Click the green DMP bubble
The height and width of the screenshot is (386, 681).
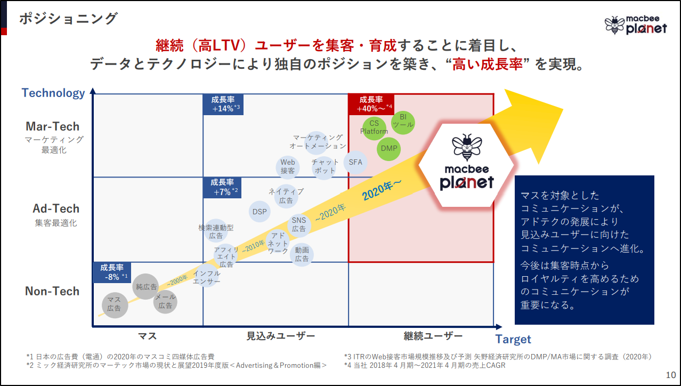[390, 148]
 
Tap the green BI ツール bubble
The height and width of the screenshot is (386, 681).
[403, 121]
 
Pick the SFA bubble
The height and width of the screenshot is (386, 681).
[355, 163]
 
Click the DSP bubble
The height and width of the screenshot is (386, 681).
[260, 212]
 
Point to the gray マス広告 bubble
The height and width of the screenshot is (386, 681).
[115, 304]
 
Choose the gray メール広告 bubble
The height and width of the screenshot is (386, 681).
[165, 302]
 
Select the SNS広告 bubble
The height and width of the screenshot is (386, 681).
[299, 225]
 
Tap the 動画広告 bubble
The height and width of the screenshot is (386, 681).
[302, 254]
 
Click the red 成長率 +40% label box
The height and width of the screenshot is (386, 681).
[371, 103]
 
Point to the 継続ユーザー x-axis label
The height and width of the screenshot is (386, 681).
[433, 336]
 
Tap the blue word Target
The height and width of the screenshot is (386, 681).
[513, 339]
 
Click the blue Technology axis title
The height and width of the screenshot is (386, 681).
[53, 93]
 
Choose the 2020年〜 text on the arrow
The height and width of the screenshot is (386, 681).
[382, 189]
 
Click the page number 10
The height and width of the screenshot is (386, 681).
[671, 375]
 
